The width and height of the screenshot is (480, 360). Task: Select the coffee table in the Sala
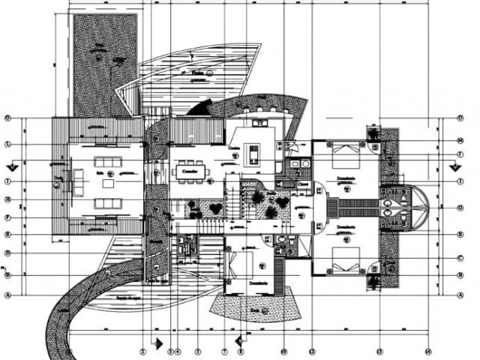[109, 183]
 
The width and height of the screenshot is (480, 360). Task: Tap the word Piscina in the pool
[199, 73]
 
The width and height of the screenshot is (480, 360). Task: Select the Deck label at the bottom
[256, 307]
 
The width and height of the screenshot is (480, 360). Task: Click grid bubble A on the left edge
[7, 295]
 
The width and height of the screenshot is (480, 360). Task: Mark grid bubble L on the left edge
[7, 144]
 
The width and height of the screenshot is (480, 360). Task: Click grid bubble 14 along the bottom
[427, 350]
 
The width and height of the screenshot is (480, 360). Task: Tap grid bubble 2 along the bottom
[142, 350]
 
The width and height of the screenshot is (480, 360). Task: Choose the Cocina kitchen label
[235, 148]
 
